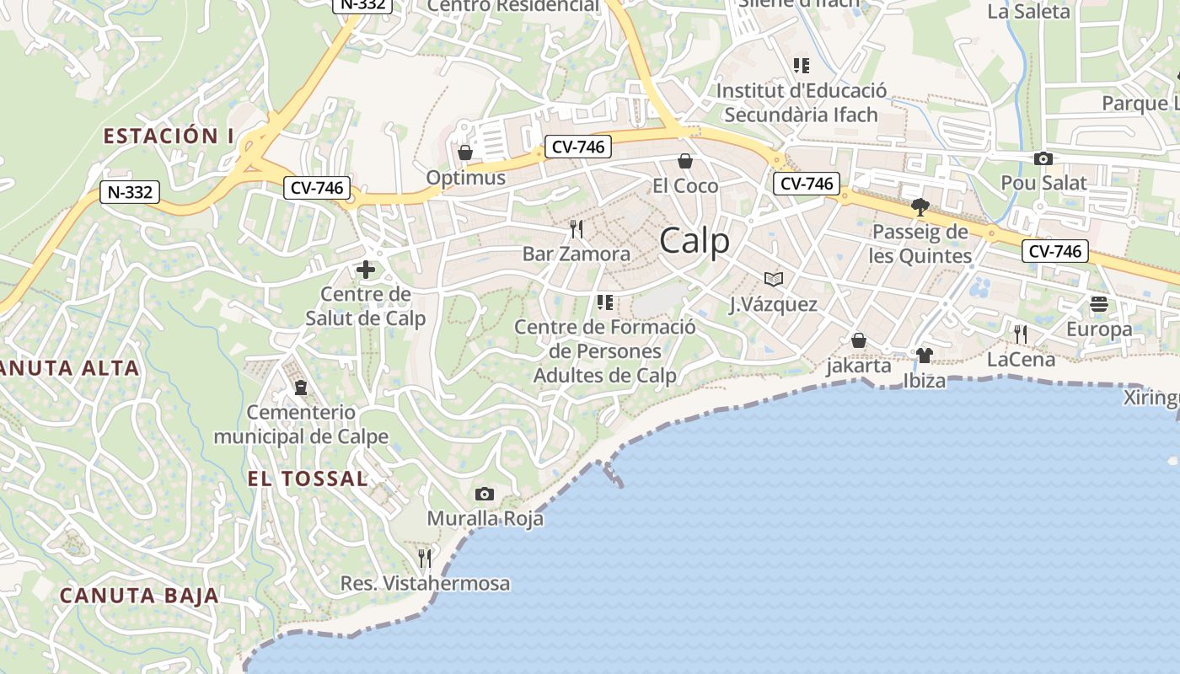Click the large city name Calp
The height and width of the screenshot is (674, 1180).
(x=695, y=242)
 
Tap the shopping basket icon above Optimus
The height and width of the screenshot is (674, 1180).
(x=464, y=152)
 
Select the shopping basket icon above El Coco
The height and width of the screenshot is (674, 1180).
(x=685, y=160)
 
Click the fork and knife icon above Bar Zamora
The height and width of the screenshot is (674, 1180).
(x=577, y=228)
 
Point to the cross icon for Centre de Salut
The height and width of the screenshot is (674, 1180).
(x=366, y=270)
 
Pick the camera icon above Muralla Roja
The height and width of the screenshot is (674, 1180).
(x=485, y=494)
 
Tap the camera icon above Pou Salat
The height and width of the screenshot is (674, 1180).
(x=1043, y=158)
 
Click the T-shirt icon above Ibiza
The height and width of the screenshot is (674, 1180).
(x=924, y=356)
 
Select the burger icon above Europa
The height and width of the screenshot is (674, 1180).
(x=1099, y=303)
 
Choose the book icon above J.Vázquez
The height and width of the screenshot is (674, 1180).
(x=773, y=279)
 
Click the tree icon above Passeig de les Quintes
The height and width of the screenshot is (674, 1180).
(x=920, y=206)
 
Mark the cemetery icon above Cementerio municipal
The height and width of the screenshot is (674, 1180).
(x=301, y=388)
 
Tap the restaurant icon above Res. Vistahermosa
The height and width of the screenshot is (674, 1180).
(x=425, y=558)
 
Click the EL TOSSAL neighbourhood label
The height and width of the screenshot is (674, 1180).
(x=308, y=479)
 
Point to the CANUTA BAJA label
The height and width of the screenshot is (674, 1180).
(x=139, y=596)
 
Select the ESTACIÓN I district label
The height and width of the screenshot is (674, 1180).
(x=169, y=136)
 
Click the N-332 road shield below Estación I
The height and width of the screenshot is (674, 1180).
(x=130, y=192)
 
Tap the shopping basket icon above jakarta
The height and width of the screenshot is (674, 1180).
(x=859, y=340)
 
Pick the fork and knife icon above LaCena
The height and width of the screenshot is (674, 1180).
(x=1021, y=334)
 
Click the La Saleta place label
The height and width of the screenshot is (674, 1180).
(x=1028, y=12)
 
